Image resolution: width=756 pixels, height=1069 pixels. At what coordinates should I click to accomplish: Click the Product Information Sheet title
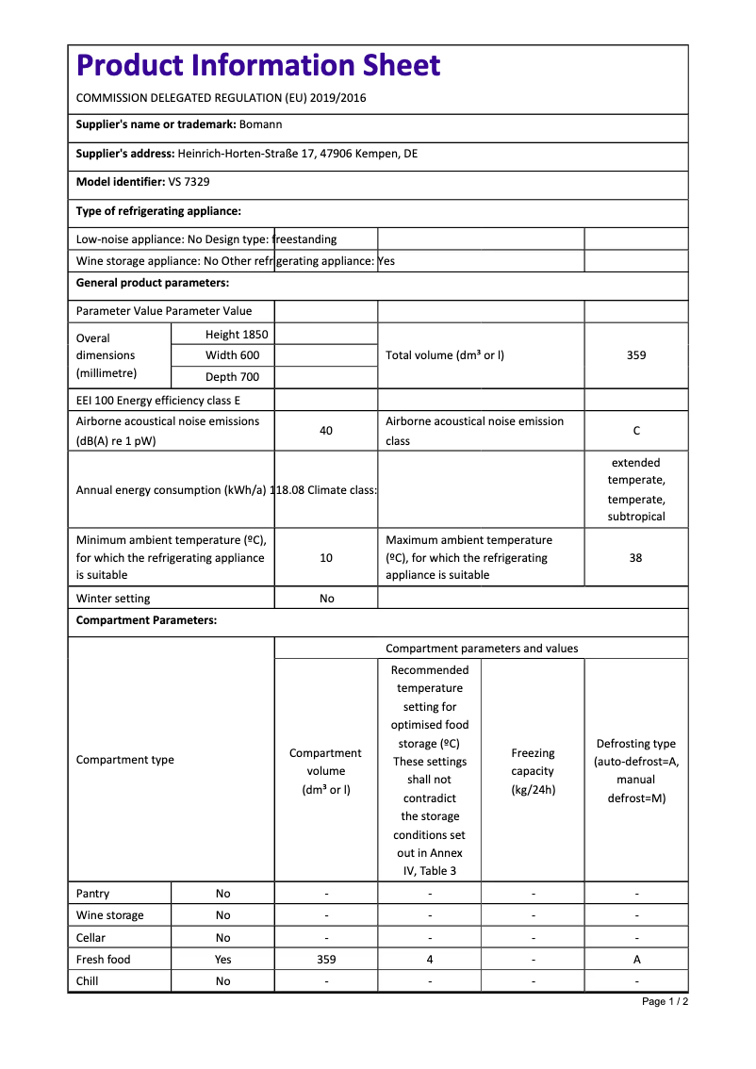pyautogui.click(x=258, y=65)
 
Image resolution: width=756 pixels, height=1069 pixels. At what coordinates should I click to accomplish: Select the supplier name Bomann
pyautogui.click(x=260, y=124)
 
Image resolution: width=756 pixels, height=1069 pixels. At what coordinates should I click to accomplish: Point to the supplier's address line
pyautogui.click(x=247, y=154)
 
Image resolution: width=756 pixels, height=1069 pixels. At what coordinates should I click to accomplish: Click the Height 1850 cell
pyautogui.click(x=237, y=335)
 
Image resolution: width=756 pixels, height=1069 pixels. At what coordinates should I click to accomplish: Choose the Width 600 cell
pyautogui.click(x=233, y=355)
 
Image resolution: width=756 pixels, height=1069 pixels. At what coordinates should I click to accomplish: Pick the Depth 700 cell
pyautogui.click(x=233, y=377)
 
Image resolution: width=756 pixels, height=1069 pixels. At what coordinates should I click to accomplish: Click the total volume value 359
pyautogui.click(x=636, y=355)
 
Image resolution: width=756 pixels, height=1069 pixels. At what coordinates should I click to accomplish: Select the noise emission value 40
pyautogui.click(x=326, y=431)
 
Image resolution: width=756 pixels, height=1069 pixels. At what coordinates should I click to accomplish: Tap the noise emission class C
pyautogui.click(x=636, y=431)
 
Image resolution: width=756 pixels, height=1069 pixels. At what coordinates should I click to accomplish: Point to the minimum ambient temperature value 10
pyautogui.click(x=326, y=558)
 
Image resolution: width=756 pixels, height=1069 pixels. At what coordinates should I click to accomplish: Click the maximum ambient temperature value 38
pyautogui.click(x=636, y=558)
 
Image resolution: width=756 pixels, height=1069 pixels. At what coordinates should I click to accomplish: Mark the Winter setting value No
pyautogui.click(x=326, y=599)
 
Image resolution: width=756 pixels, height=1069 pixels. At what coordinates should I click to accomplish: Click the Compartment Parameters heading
pyautogui.click(x=146, y=620)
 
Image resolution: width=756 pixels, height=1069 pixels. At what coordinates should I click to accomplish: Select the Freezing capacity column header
pyautogui.click(x=533, y=771)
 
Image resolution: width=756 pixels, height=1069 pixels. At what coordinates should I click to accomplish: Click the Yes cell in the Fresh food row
pyautogui.click(x=222, y=960)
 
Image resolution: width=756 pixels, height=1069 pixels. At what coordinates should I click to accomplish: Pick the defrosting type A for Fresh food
pyautogui.click(x=636, y=960)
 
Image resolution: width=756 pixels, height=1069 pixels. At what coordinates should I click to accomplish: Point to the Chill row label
pyautogui.click(x=88, y=981)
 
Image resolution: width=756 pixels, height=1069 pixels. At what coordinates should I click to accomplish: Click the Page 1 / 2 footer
pyautogui.click(x=665, y=1001)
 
